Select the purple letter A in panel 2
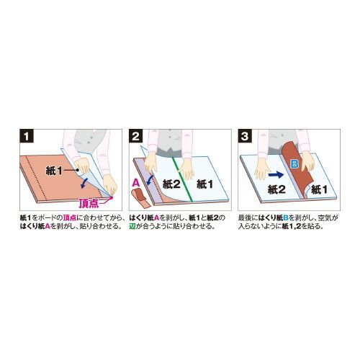point(135,184)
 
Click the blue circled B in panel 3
point(293,165)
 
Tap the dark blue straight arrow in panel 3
point(276,174)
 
